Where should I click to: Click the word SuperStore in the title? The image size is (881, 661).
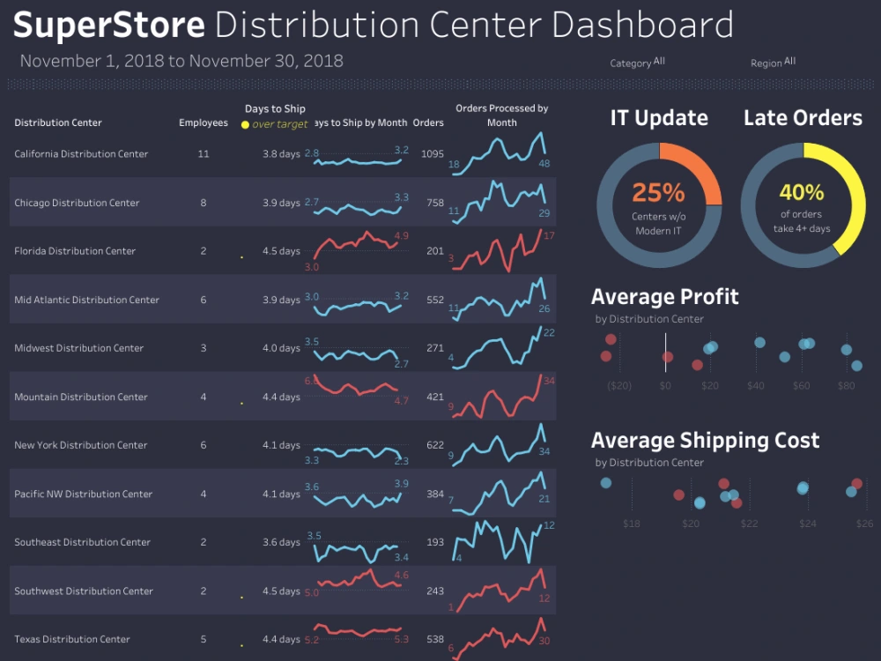109,25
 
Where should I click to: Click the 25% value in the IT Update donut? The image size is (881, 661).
658,192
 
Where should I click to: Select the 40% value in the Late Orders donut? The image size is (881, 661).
802,192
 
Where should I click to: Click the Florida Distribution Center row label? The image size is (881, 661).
75,251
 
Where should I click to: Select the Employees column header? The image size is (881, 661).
204,123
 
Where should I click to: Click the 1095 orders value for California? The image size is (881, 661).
433,153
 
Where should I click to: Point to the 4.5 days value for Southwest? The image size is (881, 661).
281,591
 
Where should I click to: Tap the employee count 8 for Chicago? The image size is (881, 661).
204,203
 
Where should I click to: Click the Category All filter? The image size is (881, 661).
637,63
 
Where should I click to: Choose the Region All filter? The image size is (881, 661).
773,63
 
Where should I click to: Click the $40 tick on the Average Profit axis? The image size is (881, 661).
756,385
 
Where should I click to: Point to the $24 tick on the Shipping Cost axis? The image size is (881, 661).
808,524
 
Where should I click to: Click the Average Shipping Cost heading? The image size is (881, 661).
705,441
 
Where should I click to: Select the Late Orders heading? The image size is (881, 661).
803,118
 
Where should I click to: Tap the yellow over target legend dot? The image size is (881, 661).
245,125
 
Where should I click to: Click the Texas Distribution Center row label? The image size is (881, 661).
72,640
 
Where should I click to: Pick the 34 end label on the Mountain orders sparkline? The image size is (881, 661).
549,381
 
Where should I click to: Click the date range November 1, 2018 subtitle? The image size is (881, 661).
181,62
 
